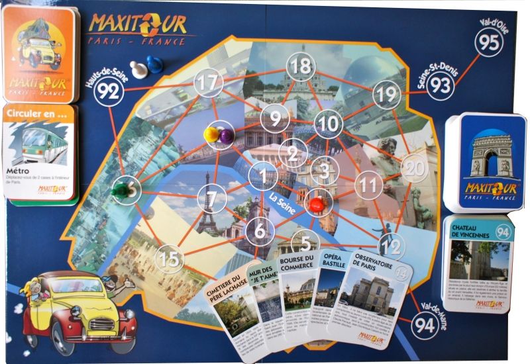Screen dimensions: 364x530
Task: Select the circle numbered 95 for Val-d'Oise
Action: [x=490, y=42]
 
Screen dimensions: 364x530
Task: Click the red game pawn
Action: [x=317, y=202]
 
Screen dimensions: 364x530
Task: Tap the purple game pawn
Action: [x=227, y=135]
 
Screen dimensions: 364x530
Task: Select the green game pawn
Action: [x=119, y=191]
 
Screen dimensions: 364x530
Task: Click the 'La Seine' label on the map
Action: [x=283, y=197]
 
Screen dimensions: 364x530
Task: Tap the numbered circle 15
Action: [x=171, y=259]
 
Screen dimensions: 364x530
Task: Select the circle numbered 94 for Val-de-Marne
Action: [x=425, y=325]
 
